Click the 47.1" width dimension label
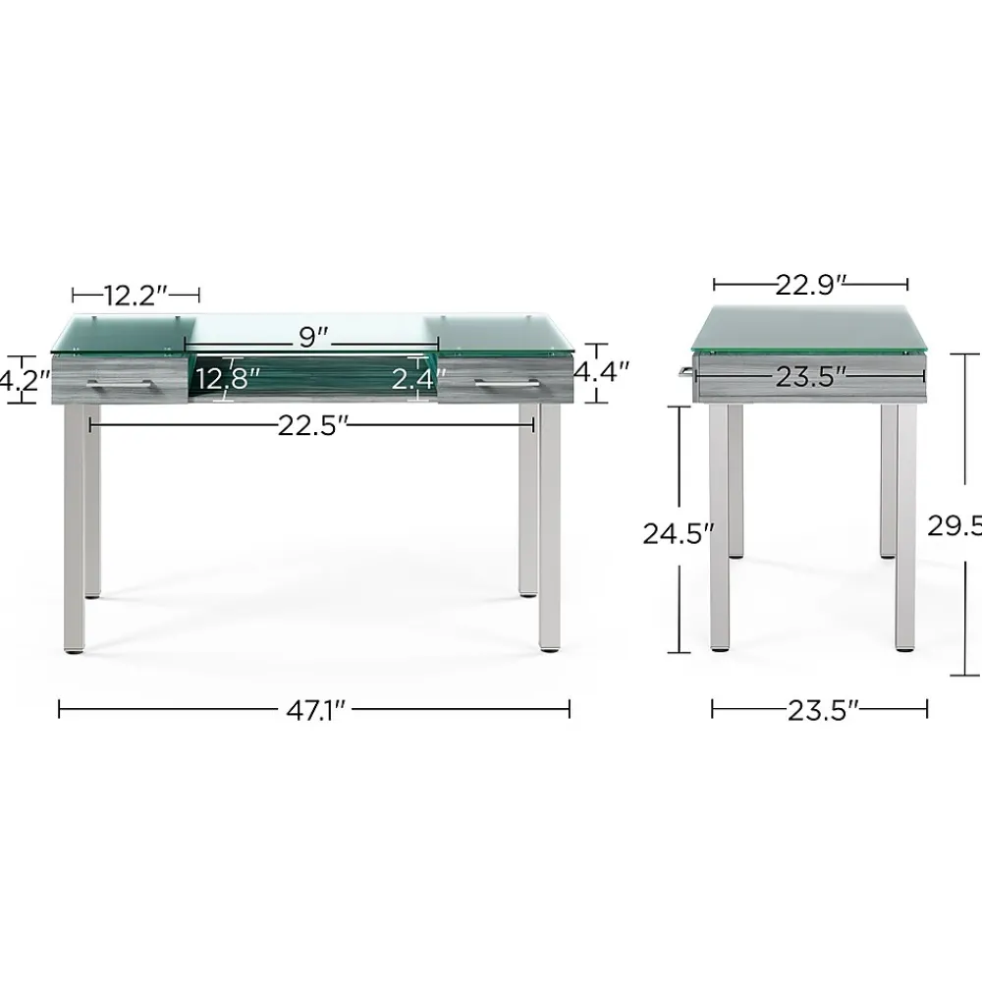[313, 710]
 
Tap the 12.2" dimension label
[135, 293]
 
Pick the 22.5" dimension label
[312, 425]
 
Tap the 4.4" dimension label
[600, 372]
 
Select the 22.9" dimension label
[810, 285]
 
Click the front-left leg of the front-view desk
[74, 530]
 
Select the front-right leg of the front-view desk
[550, 530]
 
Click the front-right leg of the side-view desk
[905, 530]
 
